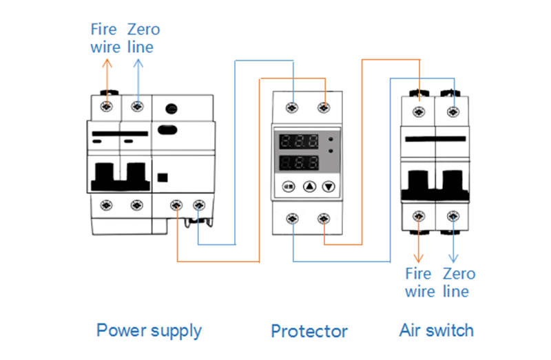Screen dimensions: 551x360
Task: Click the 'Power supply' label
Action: (149, 331)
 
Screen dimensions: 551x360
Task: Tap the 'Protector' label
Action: (309, 331)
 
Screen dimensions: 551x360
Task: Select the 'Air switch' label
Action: (437, 330)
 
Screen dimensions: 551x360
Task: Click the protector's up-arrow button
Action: (309, 187)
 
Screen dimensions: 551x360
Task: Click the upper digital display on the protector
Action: (299, 142)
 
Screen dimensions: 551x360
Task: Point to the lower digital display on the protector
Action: (299, 163)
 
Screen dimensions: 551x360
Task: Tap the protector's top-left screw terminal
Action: (292, 107)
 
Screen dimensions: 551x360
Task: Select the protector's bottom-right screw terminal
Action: (324, 219)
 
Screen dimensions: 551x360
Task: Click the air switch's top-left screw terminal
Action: (419, 112)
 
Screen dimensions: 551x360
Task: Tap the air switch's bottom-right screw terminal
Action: (453, 216)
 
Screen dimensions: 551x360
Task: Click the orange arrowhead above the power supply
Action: (107, 63)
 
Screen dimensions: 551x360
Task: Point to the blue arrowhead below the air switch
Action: (453, 259)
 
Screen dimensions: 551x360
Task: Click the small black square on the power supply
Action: (163, 178)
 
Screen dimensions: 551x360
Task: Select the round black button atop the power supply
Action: (171, 109)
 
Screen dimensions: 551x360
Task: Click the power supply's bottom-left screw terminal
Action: (107, 205)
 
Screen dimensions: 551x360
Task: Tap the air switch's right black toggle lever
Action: (453, 185)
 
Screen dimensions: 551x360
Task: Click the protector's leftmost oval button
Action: (289, 187)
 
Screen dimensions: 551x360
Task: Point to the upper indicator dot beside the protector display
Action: (331, 139)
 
